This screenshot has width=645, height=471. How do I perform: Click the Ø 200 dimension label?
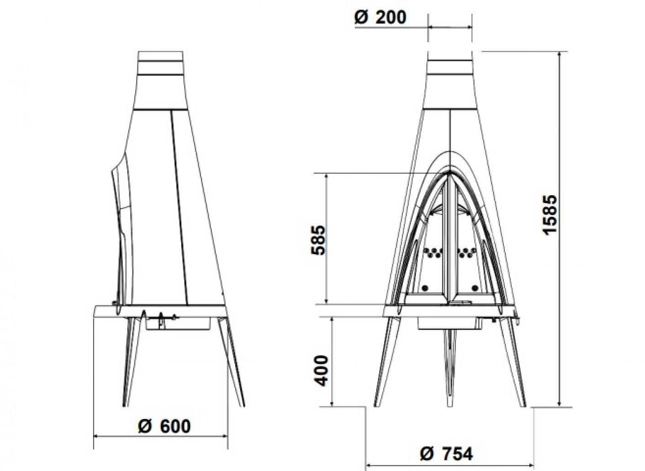[x=380, y=17]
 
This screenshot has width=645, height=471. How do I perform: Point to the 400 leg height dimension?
[x=322, y=370]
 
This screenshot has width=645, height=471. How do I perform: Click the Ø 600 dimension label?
[x=164, y=426]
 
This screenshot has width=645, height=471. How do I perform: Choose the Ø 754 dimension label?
[x=446, y=454]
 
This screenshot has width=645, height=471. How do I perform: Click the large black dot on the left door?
[x=425, y=288]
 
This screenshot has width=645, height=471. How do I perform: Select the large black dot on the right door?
[x=476, y=288]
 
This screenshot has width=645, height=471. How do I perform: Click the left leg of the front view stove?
[x=385, y=361]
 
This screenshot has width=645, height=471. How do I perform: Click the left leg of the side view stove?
[x=131, y=361]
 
